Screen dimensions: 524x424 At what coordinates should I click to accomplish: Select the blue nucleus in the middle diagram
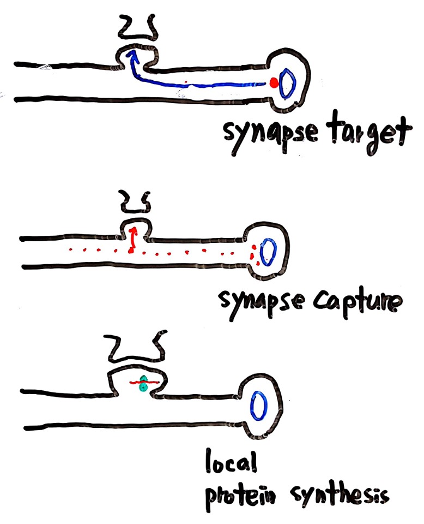pyautogui.click(x=268, y=253)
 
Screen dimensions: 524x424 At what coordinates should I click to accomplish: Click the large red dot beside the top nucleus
pyautogui.click(x=274, y=83)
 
